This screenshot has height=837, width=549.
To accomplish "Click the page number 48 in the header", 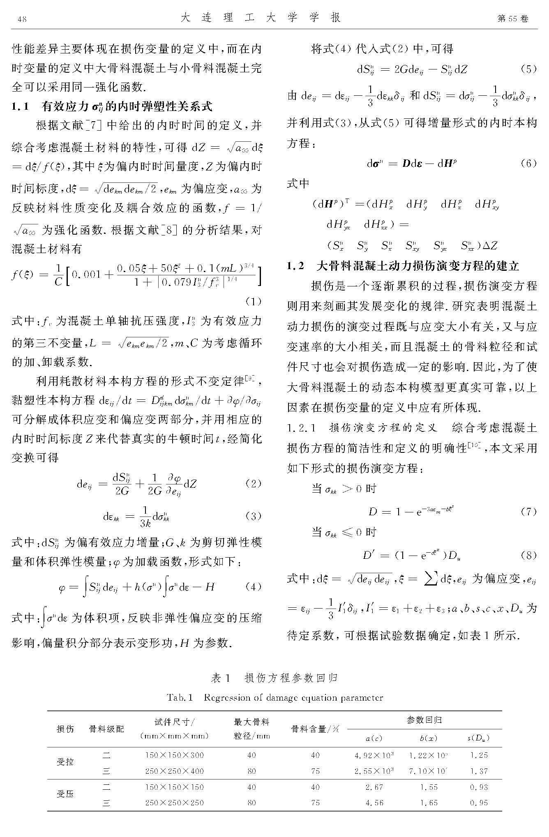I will coord(23,19).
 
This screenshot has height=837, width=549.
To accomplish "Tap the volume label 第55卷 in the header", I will coord(512,19).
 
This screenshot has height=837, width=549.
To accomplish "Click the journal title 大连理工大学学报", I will coord(261,18).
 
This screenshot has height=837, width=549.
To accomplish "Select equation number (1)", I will coord(253,302).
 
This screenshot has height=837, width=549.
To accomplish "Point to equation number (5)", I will coord(528,69).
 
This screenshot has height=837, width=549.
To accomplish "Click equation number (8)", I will coord(528,556).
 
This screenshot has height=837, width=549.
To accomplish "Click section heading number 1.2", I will coord(296,266).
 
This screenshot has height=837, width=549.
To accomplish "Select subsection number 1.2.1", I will coord(302,428).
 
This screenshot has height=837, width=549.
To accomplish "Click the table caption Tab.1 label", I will coord(180,697).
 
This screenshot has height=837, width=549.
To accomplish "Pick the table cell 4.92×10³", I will coord(374,755).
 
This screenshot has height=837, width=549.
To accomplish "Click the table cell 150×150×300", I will coord(175,755).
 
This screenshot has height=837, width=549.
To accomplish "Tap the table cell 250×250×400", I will coord(175,771).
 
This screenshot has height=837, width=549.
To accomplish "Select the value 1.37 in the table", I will coord(479,771).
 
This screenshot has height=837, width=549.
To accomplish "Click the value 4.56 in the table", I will coord(374,802).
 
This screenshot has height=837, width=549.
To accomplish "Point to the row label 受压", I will coord(65,794).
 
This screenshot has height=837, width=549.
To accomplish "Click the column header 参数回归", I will coord(424,720).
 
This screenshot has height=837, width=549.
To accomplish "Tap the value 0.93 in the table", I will coord(479,787).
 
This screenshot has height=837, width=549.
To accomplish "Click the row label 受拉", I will coord(65,762).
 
